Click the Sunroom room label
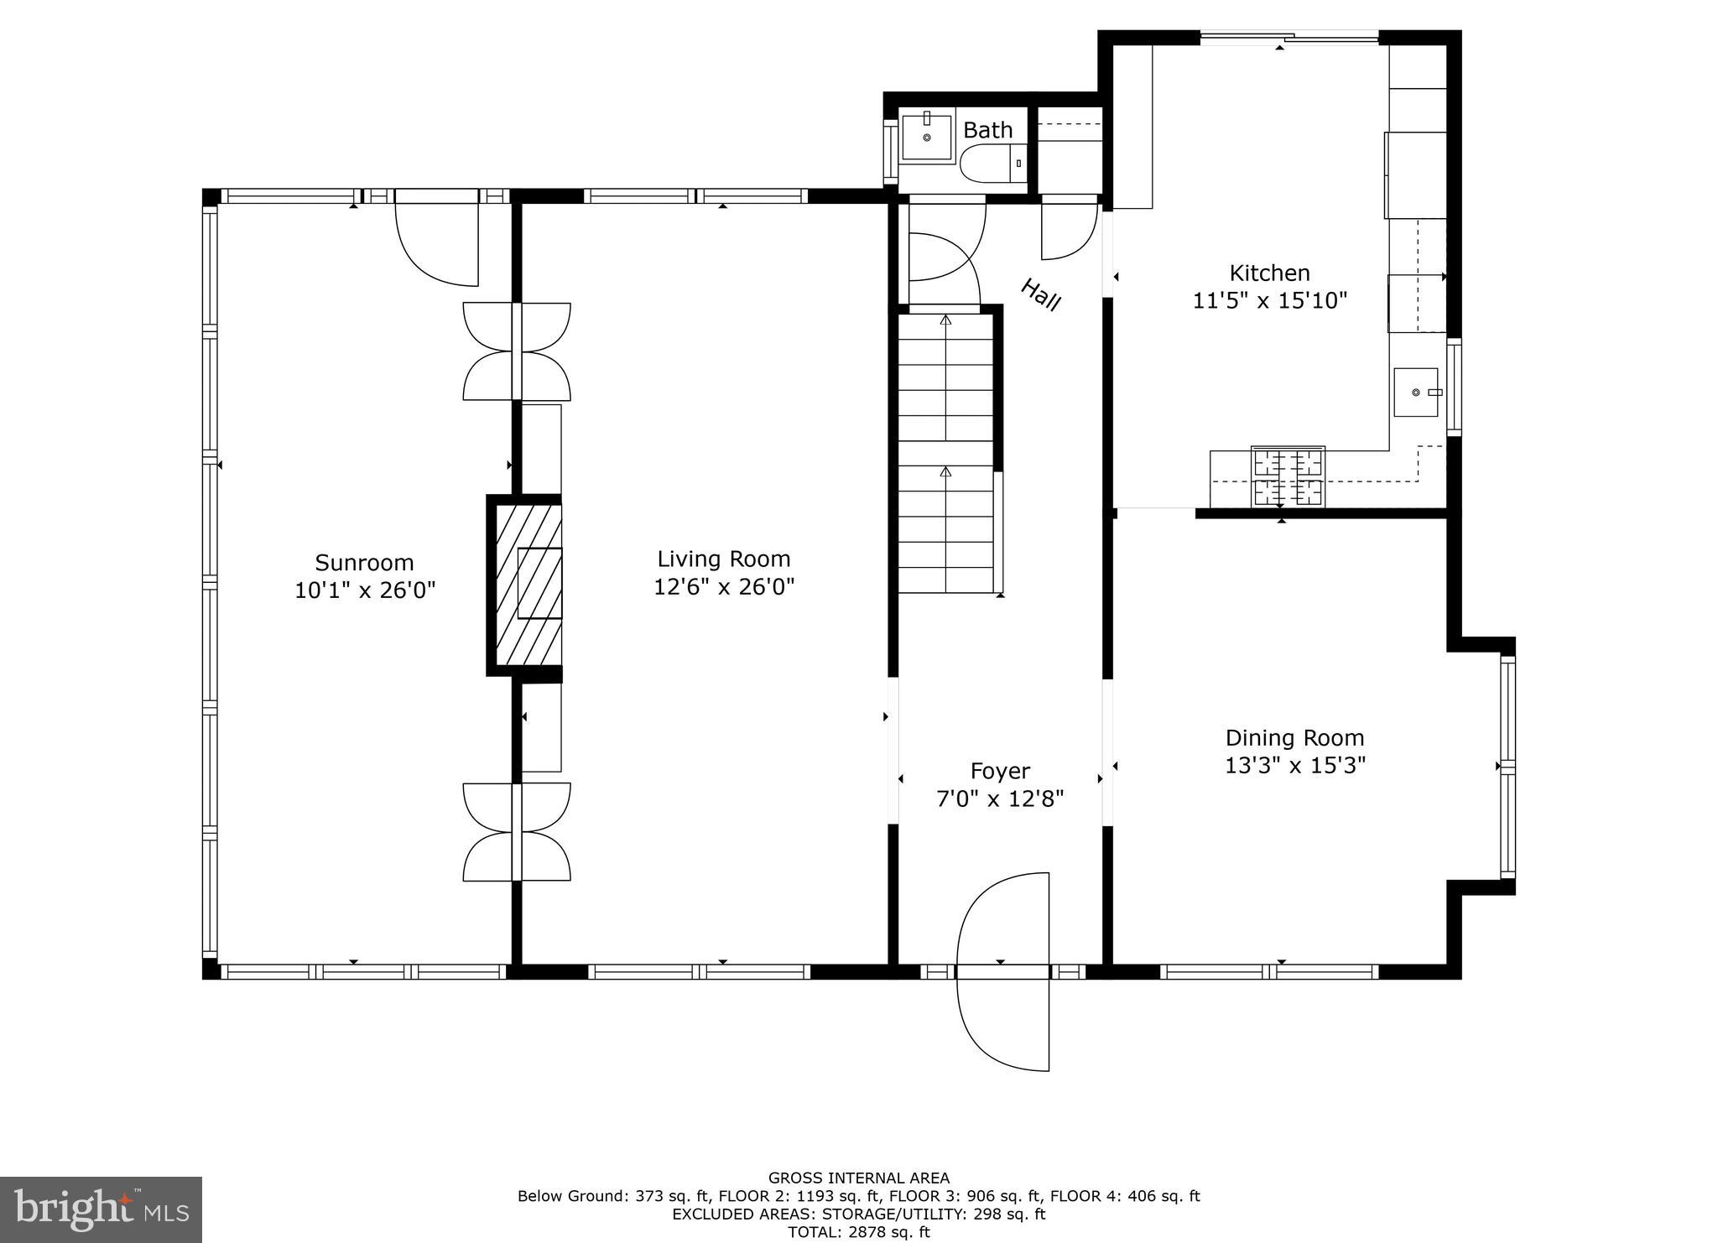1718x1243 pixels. (364, 562)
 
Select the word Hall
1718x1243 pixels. (1041, 295)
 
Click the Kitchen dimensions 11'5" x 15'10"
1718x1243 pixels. (1269, 300)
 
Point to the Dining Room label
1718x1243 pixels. (1294, 738)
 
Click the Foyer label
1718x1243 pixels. (1000, 771)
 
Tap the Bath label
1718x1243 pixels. (987, 130)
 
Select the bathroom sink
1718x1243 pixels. (927, 138)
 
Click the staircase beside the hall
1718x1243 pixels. (946, 453)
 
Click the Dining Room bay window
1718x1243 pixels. (1507, 767)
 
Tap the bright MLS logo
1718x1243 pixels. (101, 1209)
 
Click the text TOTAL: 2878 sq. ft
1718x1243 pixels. (858, 1232)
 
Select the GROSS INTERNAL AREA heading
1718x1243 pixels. (858, 1178)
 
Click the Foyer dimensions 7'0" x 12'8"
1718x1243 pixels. (1000, 798)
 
